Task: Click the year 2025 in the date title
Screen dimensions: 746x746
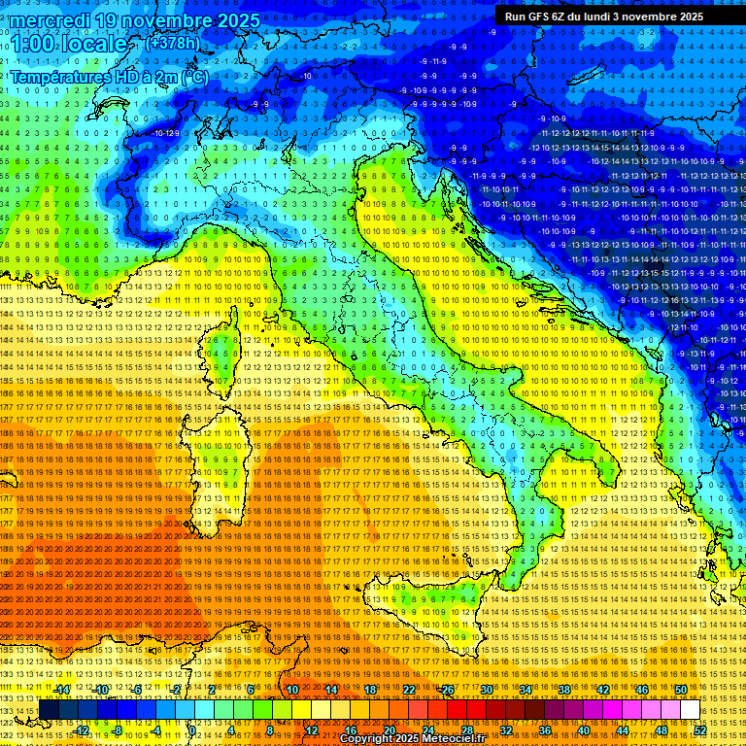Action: tap(234, 20)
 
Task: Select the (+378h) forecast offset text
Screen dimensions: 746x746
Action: tap(173, 44)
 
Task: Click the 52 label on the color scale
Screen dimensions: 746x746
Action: tap(700, 729)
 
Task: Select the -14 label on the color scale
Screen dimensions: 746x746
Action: tap(62, 690)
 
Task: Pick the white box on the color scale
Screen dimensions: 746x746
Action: tap(690, 710)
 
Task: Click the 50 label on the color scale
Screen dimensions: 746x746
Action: tap(681, 690)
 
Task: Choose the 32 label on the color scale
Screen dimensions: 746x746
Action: tap(506, 729)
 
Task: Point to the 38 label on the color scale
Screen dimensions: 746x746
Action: tap(564, 690)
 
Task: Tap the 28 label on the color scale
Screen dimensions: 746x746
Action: tap(467, 729)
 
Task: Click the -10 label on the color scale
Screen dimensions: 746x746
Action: tap(100, 690)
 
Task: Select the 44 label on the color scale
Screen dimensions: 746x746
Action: tap(623, 729)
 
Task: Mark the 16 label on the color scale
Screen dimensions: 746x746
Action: tap(351, 729)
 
